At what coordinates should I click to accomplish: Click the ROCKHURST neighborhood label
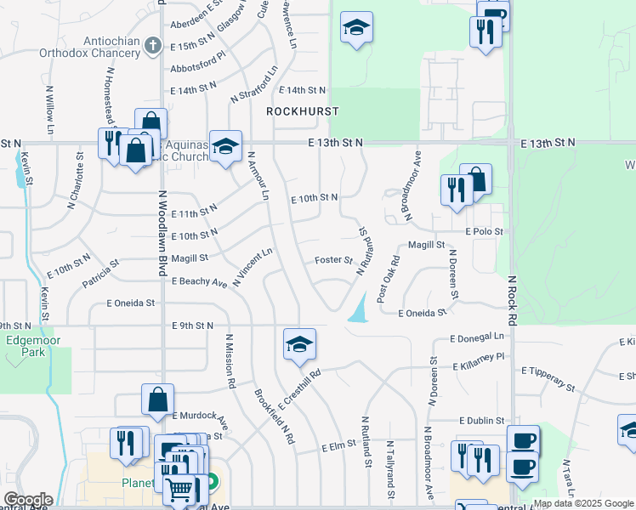[x=302, y=111]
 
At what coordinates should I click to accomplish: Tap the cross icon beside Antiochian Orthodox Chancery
[x=152, y=44]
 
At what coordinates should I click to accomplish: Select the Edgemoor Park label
[x=26, y=346]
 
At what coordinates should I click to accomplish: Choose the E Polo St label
[x=484, y=231]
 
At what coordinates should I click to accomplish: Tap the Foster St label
[x=333, y=260]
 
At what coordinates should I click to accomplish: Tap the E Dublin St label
[x=481, y=421]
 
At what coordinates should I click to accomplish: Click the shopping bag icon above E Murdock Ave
[x=158, y=399]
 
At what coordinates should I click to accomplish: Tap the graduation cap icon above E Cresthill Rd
[x=299, y=343]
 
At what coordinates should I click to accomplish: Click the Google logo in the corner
[x=28, y=500]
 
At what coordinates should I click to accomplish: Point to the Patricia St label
[x=100, y=274]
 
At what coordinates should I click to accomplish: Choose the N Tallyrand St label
[x=390, y=469]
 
